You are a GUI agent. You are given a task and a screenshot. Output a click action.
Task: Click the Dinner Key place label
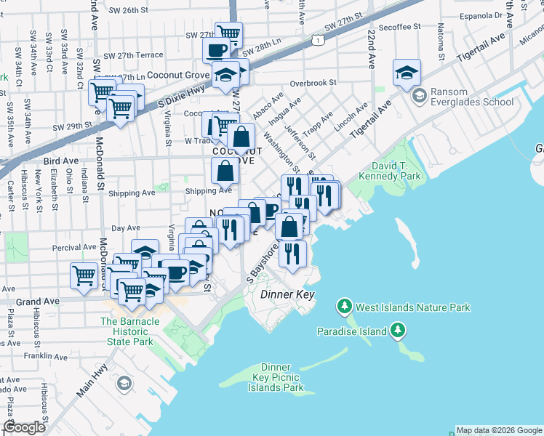[x=287, y=294]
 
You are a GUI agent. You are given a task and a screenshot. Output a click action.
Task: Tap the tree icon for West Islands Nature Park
[x=344, y=307]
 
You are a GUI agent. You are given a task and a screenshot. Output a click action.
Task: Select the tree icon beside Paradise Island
[x=398, y=331]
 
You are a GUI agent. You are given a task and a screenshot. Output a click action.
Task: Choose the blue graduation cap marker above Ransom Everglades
[x=407, y=73]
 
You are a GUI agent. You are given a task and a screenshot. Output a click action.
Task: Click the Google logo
[x=25, y=427]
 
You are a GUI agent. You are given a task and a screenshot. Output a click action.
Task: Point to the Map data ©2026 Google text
[x=499, y=429]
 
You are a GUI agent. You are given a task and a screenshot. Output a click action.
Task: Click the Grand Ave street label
[x=27, y=300]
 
